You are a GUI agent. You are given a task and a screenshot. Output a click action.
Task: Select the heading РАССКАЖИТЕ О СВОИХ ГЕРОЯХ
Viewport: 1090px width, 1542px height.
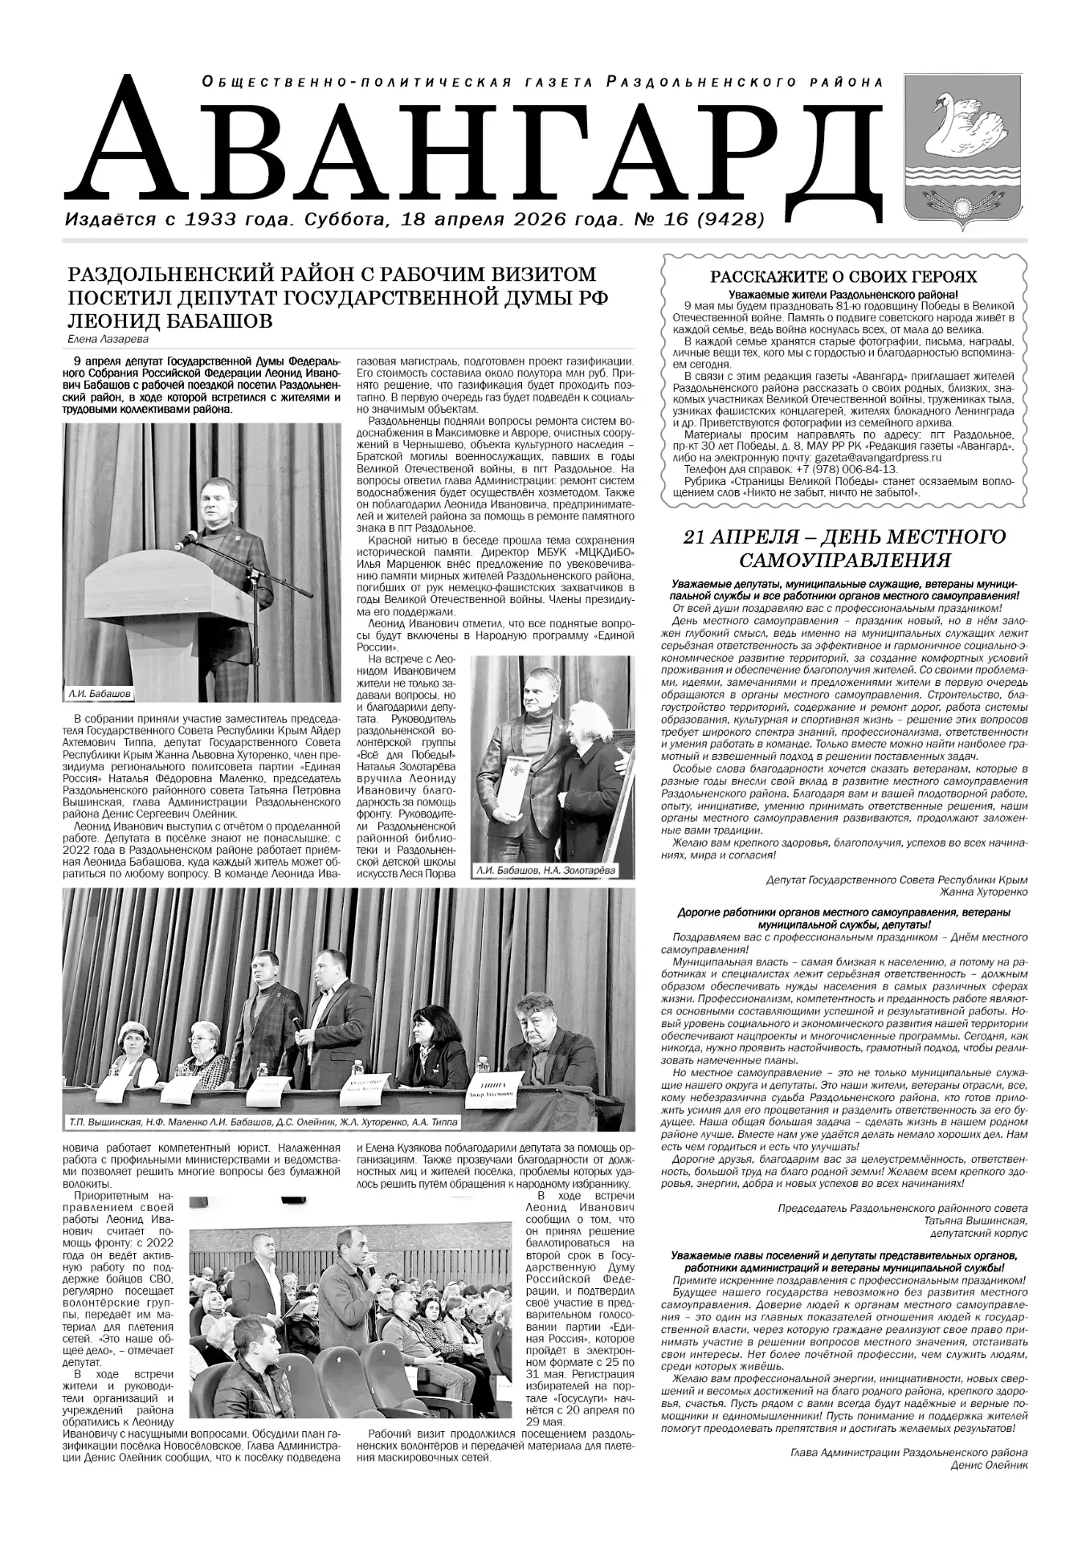click(843, 277)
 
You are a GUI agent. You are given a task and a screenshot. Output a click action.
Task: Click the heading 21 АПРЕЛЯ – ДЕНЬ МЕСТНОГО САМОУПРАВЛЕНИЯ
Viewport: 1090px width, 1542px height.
click(843, 548)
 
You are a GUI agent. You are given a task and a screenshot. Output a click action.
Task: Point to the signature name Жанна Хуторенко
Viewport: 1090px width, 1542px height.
click(983, 891)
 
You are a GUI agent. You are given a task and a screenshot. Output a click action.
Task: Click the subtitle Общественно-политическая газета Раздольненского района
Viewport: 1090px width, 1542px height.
click(543, 82)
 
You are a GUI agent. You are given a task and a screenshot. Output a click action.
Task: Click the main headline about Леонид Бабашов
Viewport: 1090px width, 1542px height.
click(337, 297)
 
